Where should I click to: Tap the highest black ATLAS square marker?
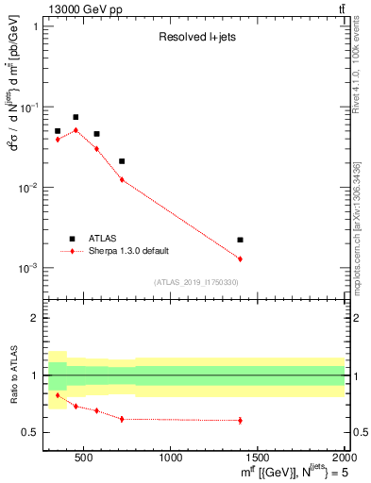click(76, 117)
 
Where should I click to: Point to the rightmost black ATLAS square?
click(240, 240)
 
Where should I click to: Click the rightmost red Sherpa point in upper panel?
click(240, 258)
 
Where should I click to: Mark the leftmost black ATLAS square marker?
click(58, 131)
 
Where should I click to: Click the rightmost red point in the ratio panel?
click(240, 420)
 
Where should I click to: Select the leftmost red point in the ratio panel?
click(58, 395)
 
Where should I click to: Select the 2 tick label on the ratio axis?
click(35, 318)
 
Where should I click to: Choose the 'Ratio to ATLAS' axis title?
click(12, 375)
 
